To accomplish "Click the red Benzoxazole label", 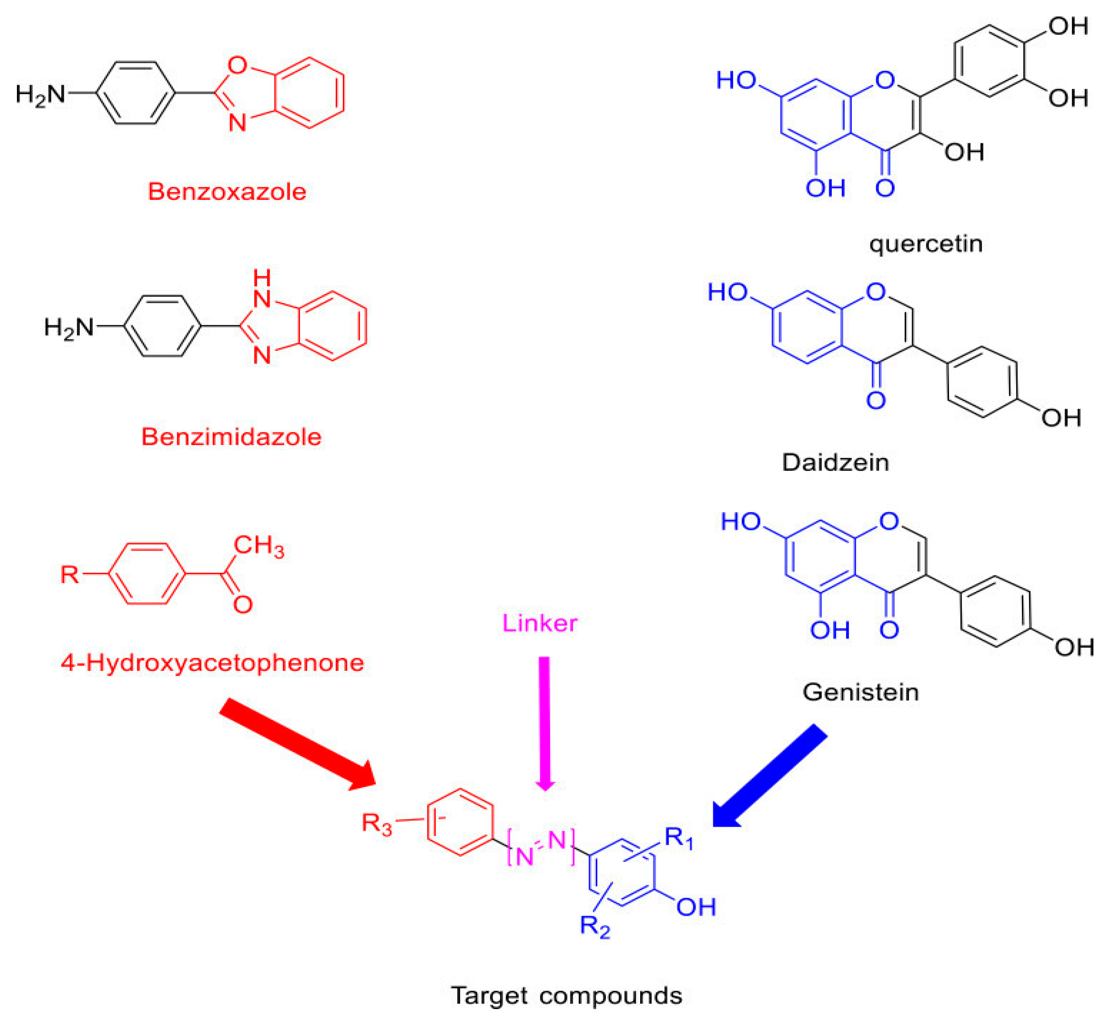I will coord(227,192).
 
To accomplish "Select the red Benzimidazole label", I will coord(231,437).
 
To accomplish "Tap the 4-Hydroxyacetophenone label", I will coord(212,662).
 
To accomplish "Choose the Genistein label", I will coord(860,692).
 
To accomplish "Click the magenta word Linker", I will coord(539,623).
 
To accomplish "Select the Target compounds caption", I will coord(566,995).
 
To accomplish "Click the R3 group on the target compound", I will coord(377,823).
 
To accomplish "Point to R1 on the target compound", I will coord(678,838).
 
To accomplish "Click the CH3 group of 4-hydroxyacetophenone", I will coord(258,546).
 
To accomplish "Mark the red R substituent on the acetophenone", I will coord(70,574).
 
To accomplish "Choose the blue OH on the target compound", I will coord(696,907).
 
